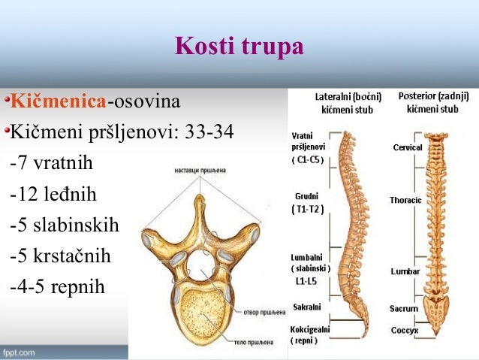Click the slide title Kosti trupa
[x=239, y=47]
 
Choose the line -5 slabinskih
[x=65, y=225]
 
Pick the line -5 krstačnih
[x=61, y=256]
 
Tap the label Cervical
[x=408, y=147]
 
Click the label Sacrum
[x=404, y=309]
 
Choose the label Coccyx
[x=404, y=331]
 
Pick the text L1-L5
[x=306, y=280]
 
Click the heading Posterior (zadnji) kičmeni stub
[x=433, y=102]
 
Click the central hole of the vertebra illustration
[x=200, y=262]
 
